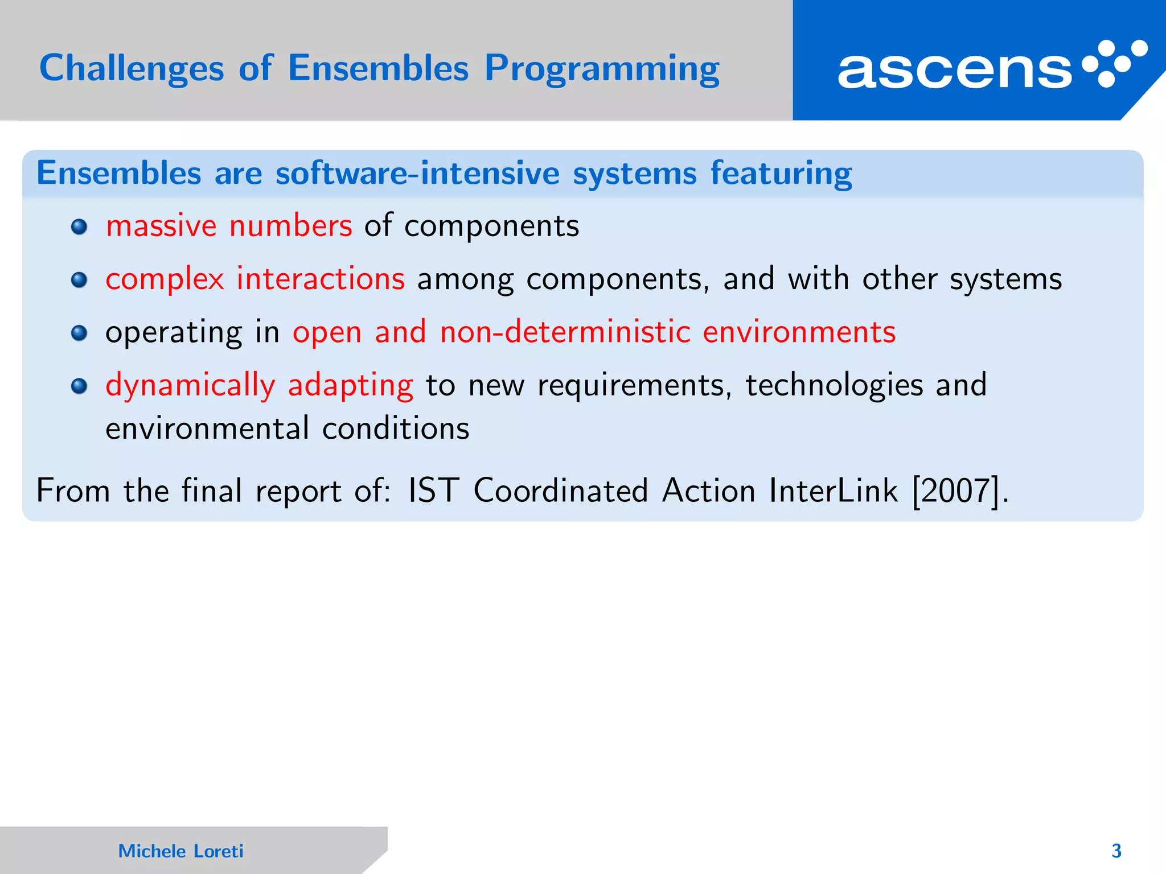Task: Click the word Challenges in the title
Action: pyautogui.click(x=132, y=69)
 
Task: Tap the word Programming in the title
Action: pyautogui.click(x=602, y=69)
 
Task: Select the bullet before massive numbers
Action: pyautogui.click(x=79, y=227)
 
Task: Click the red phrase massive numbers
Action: pyautogui.click(x=229, y=226)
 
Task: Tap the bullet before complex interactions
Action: pyautogui.click(x=79, y=280)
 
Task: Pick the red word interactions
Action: pyautogui.click(x=321, y=279)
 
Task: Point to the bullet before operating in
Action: pyautogui.click(x=79, y=333)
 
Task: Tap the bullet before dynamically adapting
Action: pyautogui.click(x=79, y=386)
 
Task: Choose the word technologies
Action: pyautogui.click(x=834, y=385)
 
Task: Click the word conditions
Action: pyautogui.click(x=396, y=428)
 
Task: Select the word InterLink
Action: pyautogui.click(x=833, y=490)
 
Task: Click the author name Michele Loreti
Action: pyautogui.click(x=180, y=851)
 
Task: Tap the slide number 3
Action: pyautogui.click(x=1116, y=851)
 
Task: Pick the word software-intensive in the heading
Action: pyautogui.click(x=417, y=173)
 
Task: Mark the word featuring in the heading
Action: pyautogui.click(x=781, y=173)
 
